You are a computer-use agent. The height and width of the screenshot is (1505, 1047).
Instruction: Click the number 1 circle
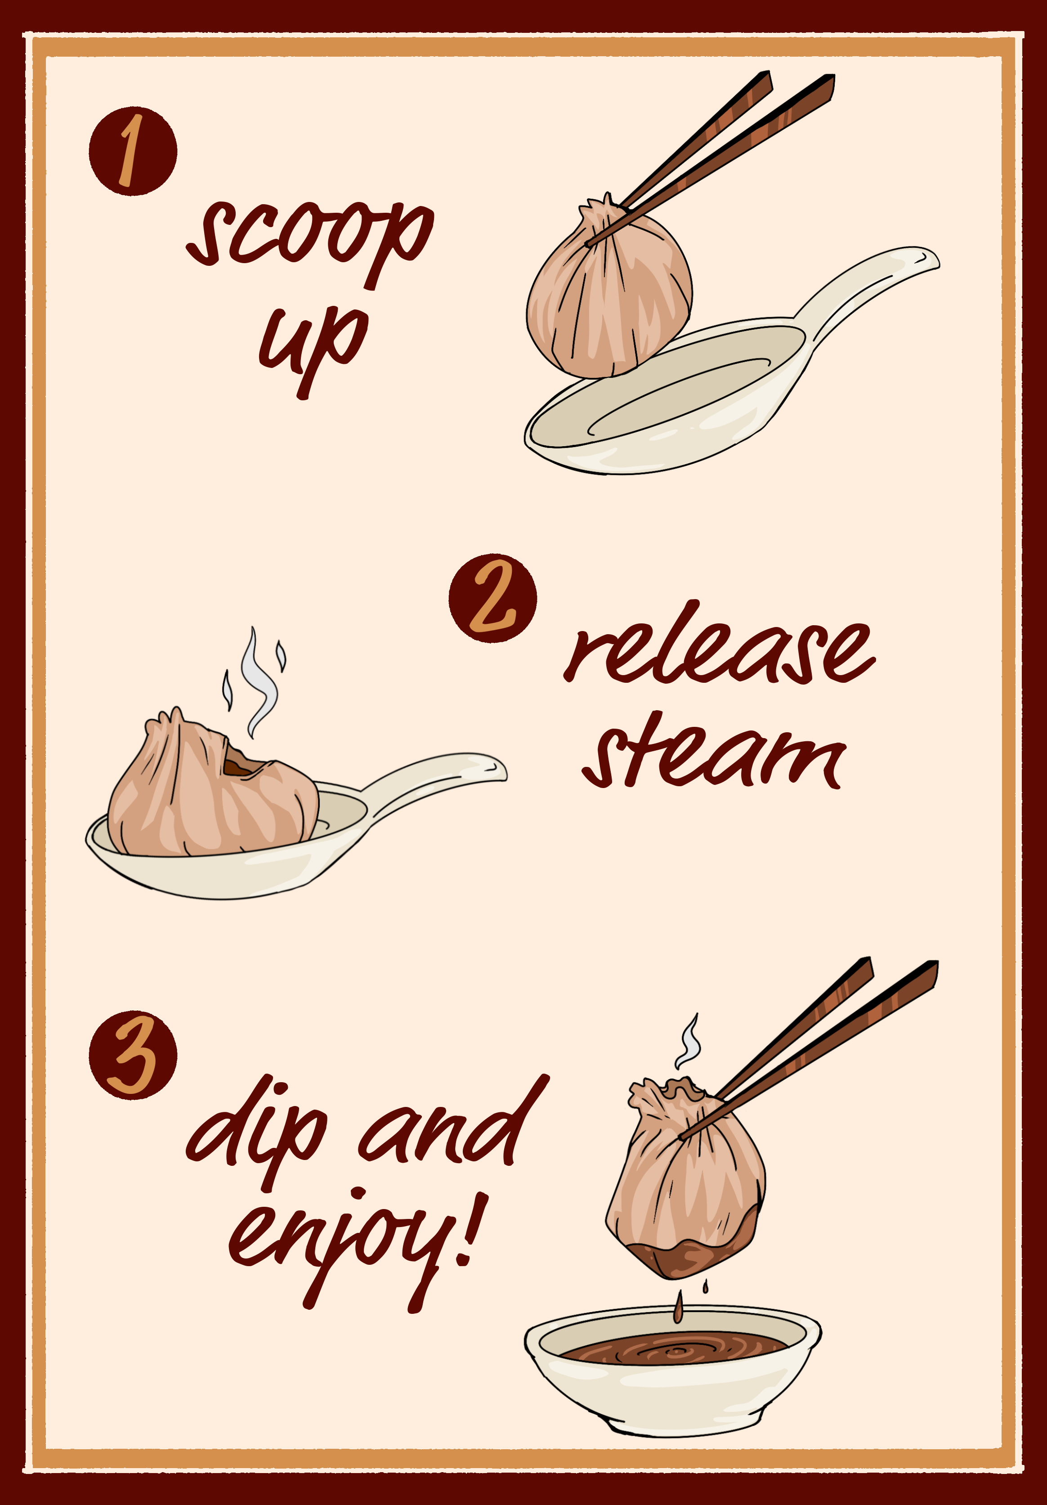(133, 151)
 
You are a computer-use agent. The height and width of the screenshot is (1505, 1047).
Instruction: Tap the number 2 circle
(492, 598)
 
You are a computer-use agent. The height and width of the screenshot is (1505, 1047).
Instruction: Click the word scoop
(308, 236)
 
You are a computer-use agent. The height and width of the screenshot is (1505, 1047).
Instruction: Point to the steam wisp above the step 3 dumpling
(689, 1042)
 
